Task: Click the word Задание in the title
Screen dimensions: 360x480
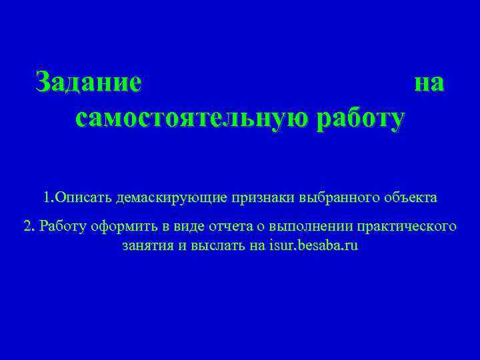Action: [x=89, y=83]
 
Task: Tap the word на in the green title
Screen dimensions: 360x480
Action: [x=429, y=83]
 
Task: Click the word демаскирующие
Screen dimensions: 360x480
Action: [x=171, y=198]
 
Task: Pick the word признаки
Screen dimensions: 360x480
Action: [x=262, y=198]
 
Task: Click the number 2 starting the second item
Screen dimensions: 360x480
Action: [x=27, y=226]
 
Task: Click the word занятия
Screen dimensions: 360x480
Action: [x=145, y=245]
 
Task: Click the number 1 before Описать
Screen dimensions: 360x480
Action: [x=46, y=198]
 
